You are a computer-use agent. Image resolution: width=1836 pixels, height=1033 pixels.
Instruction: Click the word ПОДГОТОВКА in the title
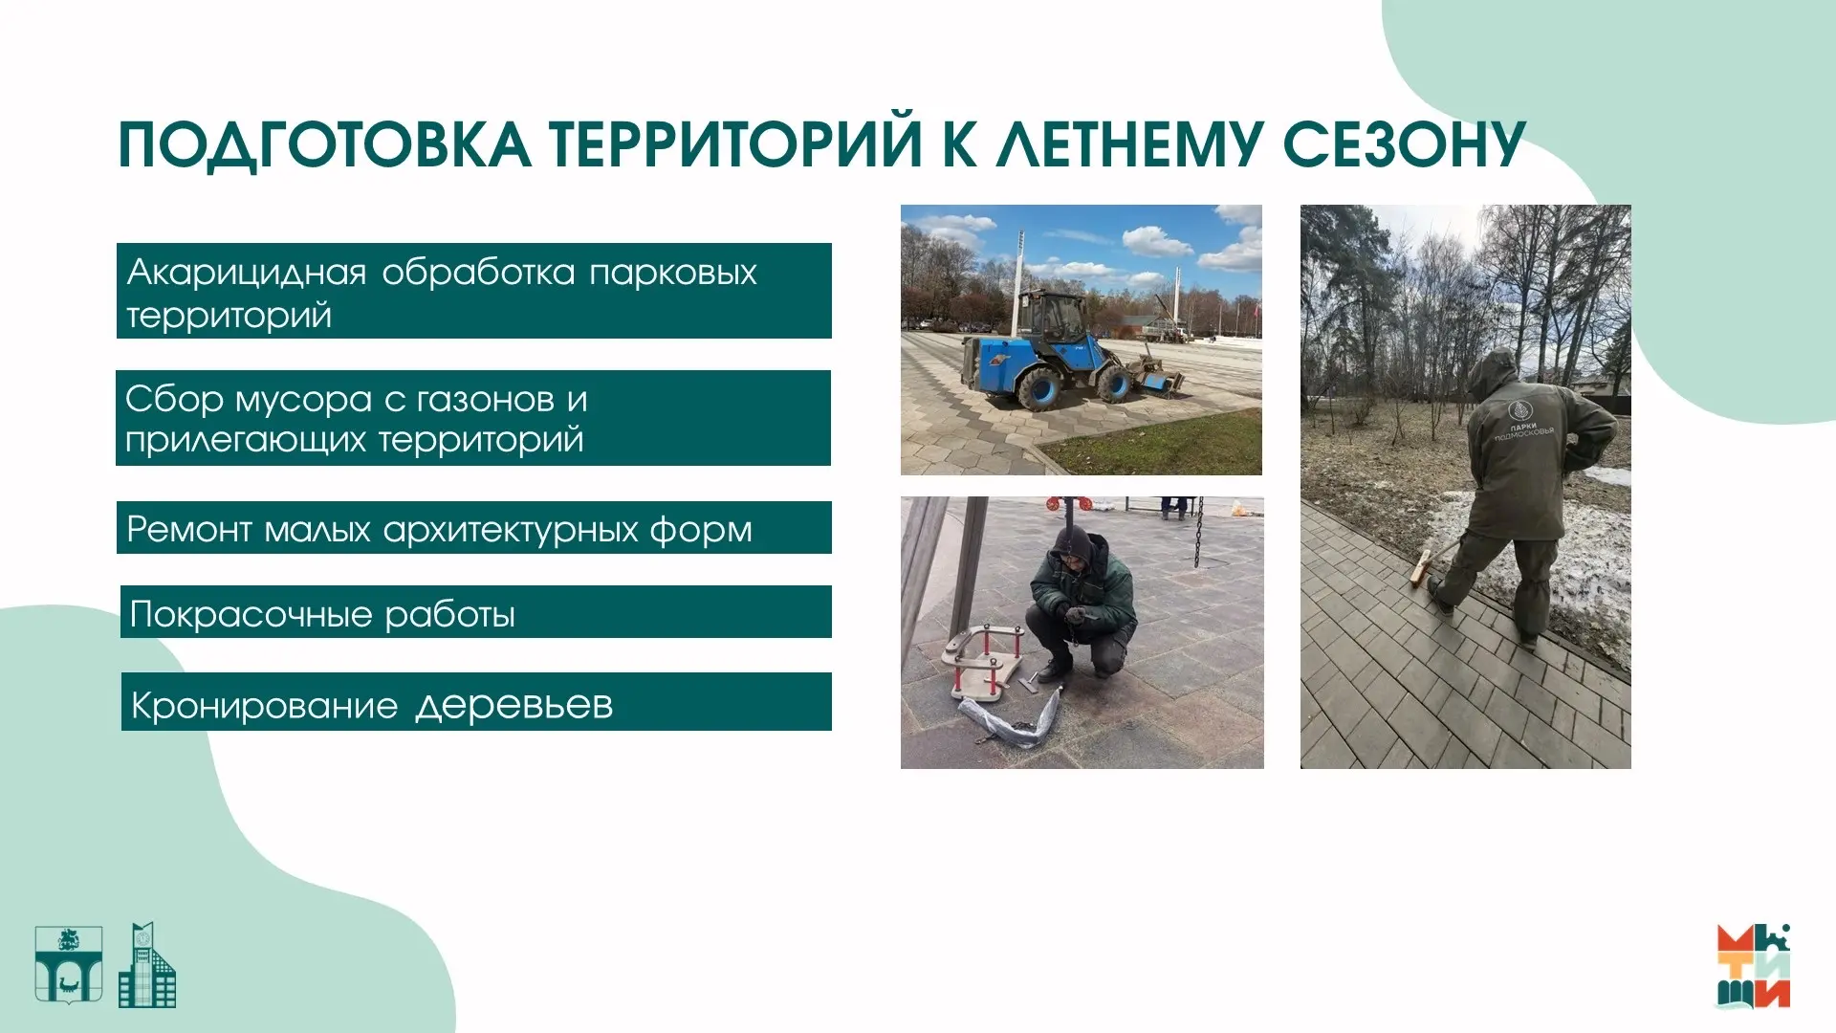tap(324, 146)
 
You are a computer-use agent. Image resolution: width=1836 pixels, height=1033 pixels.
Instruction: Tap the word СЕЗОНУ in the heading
tap(1405, 144)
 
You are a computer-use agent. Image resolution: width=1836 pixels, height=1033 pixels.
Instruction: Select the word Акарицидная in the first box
tap(247, 273)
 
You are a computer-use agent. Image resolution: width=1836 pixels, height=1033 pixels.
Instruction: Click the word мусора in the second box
tap(303, 400)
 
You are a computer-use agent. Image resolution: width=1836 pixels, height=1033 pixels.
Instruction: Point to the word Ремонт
tap(188, 529)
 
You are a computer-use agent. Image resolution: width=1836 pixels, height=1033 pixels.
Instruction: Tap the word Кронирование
tap(264, 706)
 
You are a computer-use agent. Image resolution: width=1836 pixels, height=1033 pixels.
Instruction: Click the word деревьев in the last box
tap(514, 706)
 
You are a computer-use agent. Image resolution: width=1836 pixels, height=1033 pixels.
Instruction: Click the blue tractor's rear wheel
tap(1039, 387)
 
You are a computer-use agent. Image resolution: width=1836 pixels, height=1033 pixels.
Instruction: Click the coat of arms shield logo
tap(69, 964)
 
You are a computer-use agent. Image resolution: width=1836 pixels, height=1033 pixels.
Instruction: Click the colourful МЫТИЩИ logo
tap(1754, 966)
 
